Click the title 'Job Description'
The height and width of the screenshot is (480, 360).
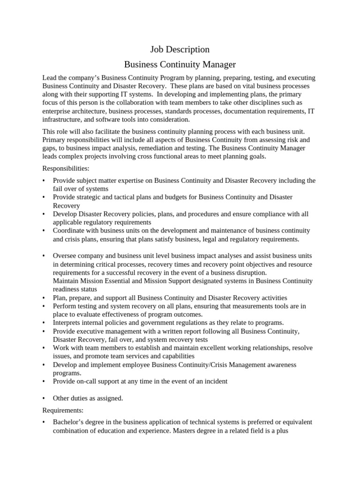pyautogui.click(x=180, y=49)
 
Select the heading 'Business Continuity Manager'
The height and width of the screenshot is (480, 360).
pyautogui.click(x=180, y=64)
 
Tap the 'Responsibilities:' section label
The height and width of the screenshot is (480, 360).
pyautogui.click(x=66, y=168)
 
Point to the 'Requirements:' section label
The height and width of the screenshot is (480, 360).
pyautogui.click(x=63, y=410)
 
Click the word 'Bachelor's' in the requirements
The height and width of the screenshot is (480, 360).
pyautogui.click(x=68, y=422)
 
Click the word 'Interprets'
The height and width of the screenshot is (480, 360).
pyautogui.click(x=68, y=322)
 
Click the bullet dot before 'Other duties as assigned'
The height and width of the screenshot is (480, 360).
pyautogui.click(x=44, y=398)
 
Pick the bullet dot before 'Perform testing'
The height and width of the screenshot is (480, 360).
pyautogui.click(x=44, y=306)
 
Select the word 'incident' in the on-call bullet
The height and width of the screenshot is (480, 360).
pyautogui.click(x=215, y=381)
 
